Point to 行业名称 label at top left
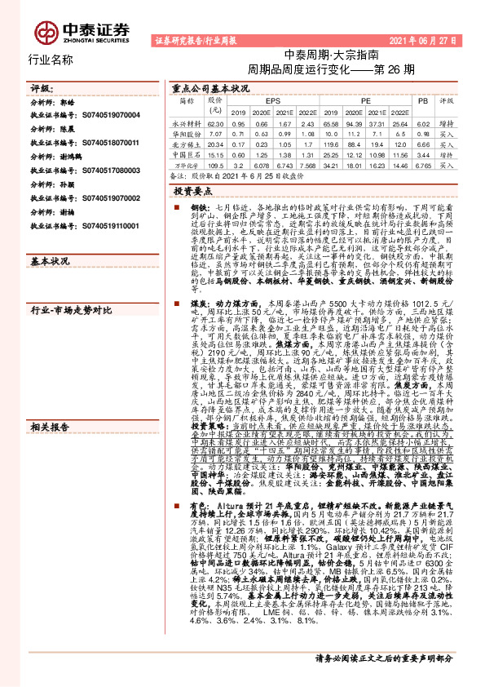pos(51,60)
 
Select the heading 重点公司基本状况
pos(210,87)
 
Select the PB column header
pos(421,100)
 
